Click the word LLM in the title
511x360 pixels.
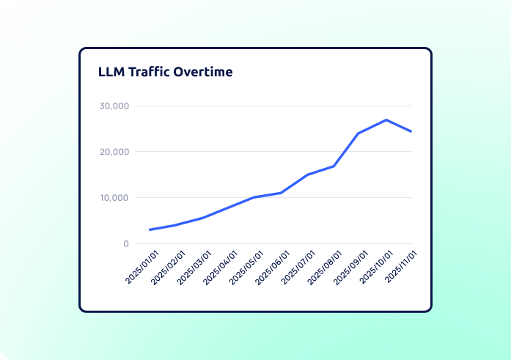(x=111, y=72)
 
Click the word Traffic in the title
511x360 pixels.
(x=152, y=72)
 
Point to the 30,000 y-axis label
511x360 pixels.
(x=114, y=106)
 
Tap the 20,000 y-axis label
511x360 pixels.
(x=114, y=152)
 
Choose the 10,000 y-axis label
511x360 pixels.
(x=114, y=198)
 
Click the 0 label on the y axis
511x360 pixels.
(x=126, y=244)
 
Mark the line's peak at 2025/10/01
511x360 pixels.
(x=386, y=120)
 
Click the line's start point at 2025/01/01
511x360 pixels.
(x=150, y=229)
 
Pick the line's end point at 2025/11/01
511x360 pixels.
(x=411, y=131)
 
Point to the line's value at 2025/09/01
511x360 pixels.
(x=359, y=133)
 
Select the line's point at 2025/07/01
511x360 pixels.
(x=307, y=175)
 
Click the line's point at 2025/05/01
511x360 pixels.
(x=254, y=197)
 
